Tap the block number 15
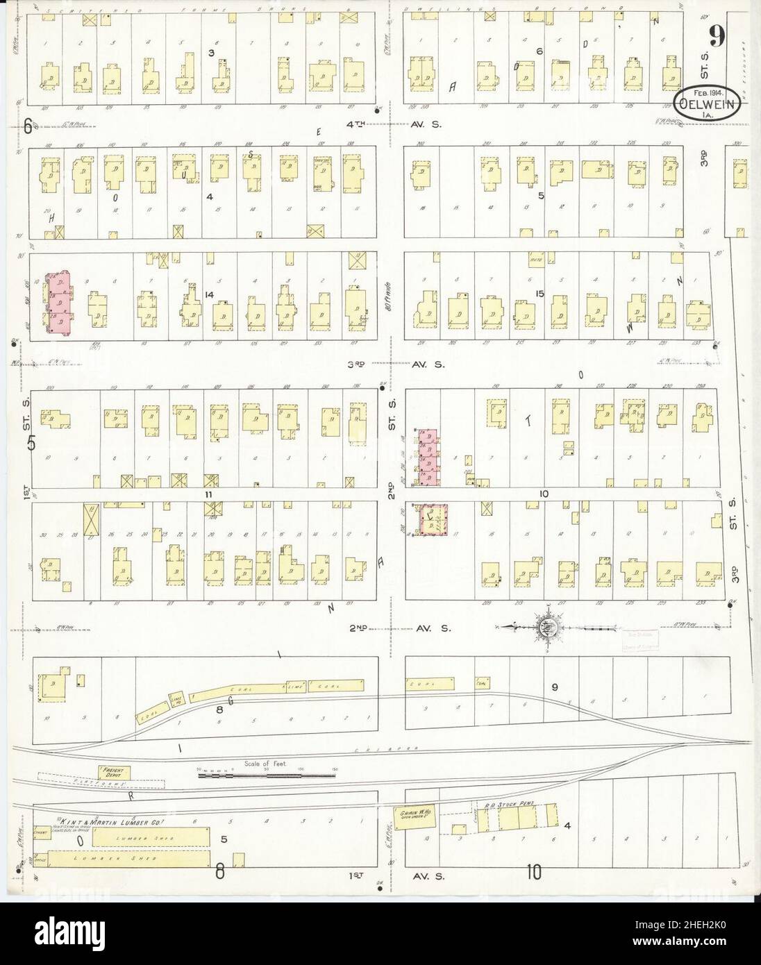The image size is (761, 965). coord(539,294)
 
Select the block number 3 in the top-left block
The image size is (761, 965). coord(212,53)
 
